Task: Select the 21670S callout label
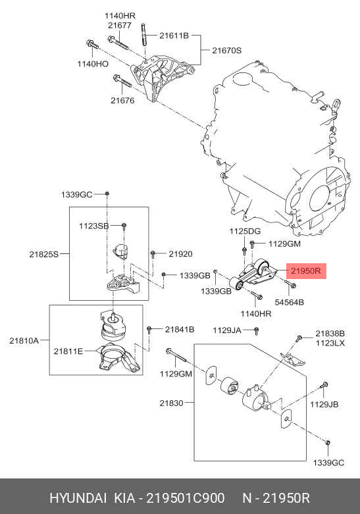coord(226,51)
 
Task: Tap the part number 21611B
coord(174,36)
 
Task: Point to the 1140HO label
coord(93,64)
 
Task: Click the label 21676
coord(122,101)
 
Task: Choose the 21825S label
coord(44,254)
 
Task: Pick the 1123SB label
coord(93,226)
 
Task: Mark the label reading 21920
coord(180,254)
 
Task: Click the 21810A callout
coord(24,341)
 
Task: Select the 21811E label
coord(68,351)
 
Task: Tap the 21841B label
coord(180,330)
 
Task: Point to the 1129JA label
coord(227,330)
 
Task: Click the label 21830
coord(172,403)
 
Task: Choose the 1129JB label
coord(324,405)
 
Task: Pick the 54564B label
coord(289,302)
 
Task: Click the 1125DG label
coord(245,231)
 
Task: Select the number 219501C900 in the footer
coord(185,498)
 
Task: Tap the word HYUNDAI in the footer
coord(78,498)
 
